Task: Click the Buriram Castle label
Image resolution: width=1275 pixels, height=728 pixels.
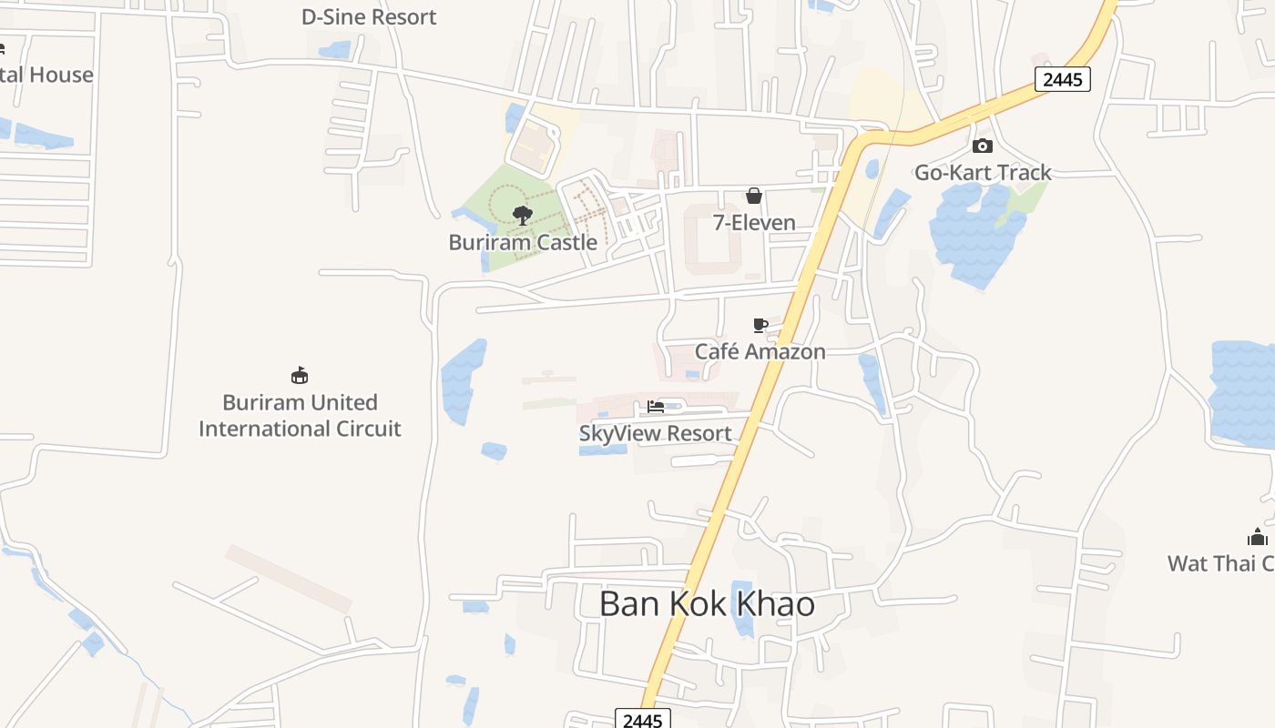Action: click(x=523, y=242)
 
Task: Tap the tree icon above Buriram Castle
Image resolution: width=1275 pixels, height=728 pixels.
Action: click(x=523, y=216)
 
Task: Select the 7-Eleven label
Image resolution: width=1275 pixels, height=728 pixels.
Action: click(x=754, y=223)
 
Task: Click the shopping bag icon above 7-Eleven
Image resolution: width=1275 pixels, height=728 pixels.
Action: click(x=754, y=196)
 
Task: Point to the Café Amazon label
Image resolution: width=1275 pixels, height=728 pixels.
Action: click(x=760, y=351)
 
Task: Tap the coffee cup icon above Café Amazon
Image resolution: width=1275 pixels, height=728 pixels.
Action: click(x=760, y=325)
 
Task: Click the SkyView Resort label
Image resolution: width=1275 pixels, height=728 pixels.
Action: click(x=656, y=433)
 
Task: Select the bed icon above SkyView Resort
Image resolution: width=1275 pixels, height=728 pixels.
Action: click(x=656, y=407)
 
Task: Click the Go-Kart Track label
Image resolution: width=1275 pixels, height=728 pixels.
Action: click(x=983, y=172)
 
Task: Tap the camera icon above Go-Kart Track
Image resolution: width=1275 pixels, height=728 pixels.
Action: click(x=983, y=146)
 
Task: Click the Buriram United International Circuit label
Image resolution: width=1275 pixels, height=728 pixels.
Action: click(x=300, y=415)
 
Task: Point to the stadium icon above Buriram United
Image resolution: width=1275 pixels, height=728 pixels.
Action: click(x=300, y=375)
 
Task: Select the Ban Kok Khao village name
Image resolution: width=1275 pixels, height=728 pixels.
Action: click(x=707, y=604)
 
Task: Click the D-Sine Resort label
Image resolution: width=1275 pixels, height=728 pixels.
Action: click(x=369, y=16)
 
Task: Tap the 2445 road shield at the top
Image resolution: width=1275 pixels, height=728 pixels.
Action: click(x=1063, y=79)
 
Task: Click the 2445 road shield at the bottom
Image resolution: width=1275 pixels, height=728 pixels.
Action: click(x=643, y=719)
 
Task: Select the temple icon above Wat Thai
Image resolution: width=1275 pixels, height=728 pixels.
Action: click(x=1258, y=537)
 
